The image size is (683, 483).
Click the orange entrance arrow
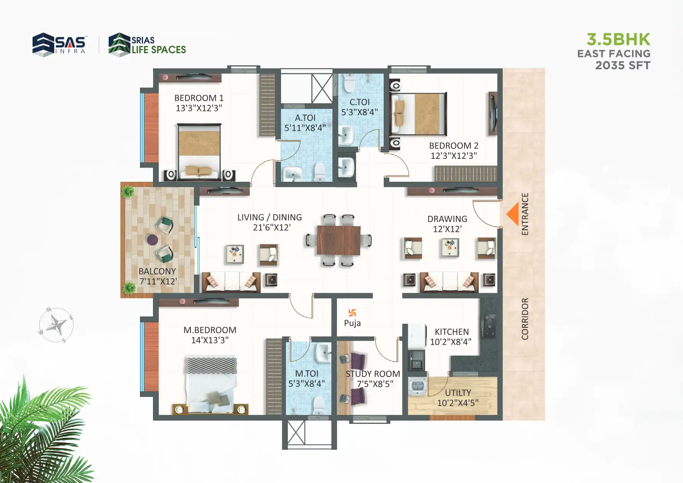513,214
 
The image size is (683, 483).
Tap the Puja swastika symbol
352,313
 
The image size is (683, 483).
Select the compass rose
56,325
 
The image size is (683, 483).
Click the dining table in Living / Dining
339,240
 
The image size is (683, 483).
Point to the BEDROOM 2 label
453,146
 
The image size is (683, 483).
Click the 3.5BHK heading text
618,39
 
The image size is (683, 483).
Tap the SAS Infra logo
59,44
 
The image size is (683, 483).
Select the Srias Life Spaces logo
147,44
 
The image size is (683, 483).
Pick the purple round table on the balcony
153,240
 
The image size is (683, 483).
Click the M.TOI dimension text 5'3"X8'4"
306,383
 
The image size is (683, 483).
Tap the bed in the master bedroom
210,385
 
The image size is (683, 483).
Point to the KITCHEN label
452,332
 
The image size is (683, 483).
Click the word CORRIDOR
525,319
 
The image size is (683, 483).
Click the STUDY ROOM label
373,374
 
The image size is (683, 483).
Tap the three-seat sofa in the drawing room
449,282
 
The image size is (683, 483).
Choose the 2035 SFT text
623,65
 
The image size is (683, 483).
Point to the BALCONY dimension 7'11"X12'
158,281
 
